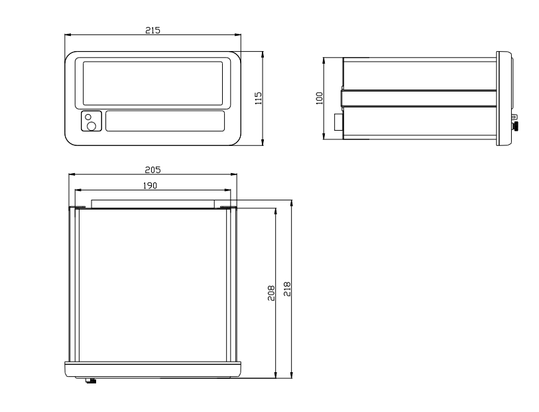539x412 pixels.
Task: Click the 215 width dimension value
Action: tap(153, 31)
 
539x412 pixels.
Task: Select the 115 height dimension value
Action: tap(259, 98)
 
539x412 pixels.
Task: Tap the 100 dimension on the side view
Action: tap(319, 97)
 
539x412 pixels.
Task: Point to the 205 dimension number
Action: tap(152, 170)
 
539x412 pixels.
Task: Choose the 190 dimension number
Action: tap(150, 186)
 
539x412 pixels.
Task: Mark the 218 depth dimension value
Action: tap(287, 289)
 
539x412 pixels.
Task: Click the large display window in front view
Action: tap(152, 84)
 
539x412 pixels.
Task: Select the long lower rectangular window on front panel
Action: tap(164, 121)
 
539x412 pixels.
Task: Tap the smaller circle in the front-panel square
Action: tap(89, 117)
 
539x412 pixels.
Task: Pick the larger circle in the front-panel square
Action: tap(91, 125)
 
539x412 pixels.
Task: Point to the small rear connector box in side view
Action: tap(337, 122)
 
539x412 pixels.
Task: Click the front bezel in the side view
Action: tap(505, 98)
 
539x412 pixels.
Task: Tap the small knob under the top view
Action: tap(91, 381)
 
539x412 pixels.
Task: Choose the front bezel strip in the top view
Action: tap(152, 369)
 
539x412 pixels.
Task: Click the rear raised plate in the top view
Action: tap(152, 202)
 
